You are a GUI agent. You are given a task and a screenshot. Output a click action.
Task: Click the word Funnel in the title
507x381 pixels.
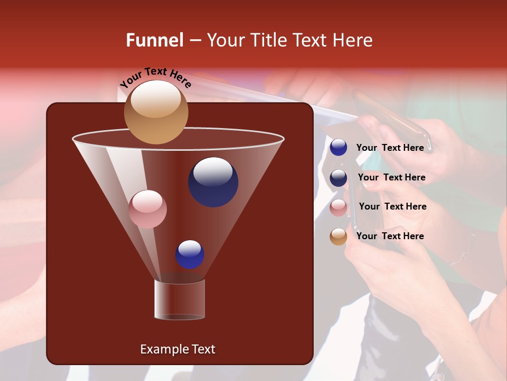point(155,40)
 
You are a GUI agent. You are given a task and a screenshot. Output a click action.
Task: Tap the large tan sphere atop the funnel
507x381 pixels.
point(156,112)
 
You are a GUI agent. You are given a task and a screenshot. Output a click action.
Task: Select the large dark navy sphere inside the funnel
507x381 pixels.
point(213,182)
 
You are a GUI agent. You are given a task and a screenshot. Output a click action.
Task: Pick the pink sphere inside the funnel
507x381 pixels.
point(147,209)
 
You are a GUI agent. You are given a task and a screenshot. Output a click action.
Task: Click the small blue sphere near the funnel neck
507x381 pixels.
point(190,255)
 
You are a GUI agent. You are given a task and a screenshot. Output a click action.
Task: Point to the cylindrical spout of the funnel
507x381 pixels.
point(180,300)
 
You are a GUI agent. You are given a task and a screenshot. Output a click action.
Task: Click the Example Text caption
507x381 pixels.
point(177,349)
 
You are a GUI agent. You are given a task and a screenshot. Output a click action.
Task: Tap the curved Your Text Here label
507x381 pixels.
point(155,77)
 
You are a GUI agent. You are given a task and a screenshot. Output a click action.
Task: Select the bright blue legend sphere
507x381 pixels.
point(339,148)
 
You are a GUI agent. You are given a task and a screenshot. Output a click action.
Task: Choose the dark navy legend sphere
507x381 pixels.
point(339,177)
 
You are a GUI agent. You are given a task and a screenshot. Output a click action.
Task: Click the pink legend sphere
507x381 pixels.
point(339,207)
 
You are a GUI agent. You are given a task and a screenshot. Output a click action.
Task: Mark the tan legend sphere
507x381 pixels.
point(339,237)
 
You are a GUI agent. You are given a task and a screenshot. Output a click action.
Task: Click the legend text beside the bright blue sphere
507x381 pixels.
point(390,148)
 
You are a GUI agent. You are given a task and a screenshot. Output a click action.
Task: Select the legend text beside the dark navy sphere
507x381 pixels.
point(391,177)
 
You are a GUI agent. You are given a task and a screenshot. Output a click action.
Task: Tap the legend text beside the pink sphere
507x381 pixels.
point(392,206)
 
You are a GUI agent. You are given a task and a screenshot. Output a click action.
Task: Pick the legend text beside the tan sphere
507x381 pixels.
point(390,236)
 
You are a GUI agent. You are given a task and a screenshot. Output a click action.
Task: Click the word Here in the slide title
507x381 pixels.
point(354,40)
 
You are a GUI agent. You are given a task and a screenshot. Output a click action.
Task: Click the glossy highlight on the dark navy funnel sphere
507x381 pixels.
point(213,172)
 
